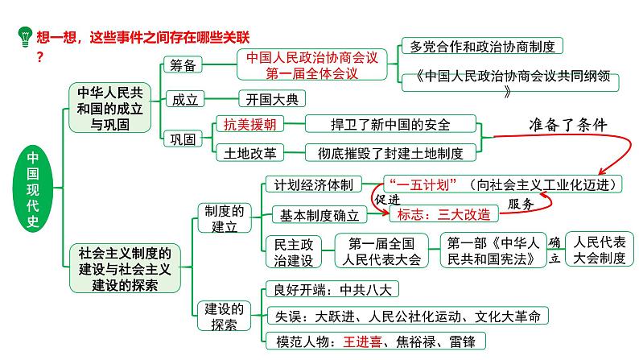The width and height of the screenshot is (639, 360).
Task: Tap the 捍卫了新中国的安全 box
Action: [x=379, y=124]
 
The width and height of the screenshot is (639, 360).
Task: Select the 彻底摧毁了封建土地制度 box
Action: [x=388, y=150]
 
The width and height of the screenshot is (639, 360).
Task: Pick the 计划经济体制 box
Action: [x=313, y=184]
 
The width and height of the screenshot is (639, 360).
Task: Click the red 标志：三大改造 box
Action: [x=443, y=214]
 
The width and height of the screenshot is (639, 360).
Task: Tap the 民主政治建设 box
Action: [x=293, y=250]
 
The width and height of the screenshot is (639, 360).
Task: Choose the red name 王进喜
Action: [x=362, y=341]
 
